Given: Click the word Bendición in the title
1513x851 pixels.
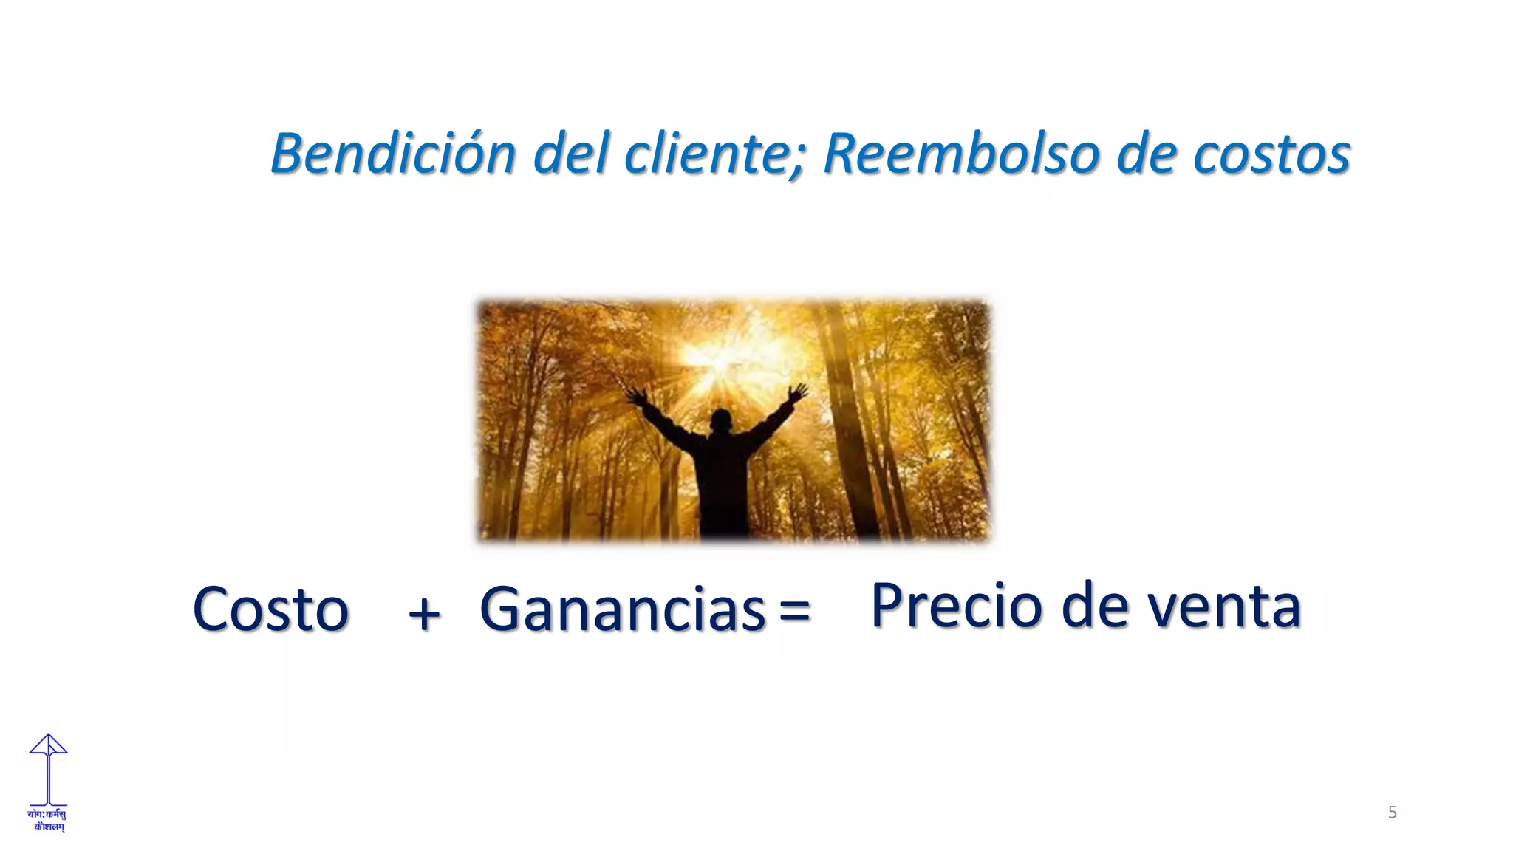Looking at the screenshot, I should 393,154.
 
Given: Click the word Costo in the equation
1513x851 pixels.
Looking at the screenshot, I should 270,609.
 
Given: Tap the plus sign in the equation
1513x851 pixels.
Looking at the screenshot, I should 424,613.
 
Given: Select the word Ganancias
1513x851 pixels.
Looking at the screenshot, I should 622,610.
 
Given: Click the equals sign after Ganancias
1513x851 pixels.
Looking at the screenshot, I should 794,611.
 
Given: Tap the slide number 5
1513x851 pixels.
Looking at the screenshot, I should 1392,813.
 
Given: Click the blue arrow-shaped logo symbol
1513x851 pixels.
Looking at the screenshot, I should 48,768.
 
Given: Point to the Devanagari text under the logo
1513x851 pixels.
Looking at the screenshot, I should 47,820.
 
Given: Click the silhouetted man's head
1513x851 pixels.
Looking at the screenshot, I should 720,421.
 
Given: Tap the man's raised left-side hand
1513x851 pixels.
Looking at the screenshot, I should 636,397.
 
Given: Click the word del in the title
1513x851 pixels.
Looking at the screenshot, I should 570,154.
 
